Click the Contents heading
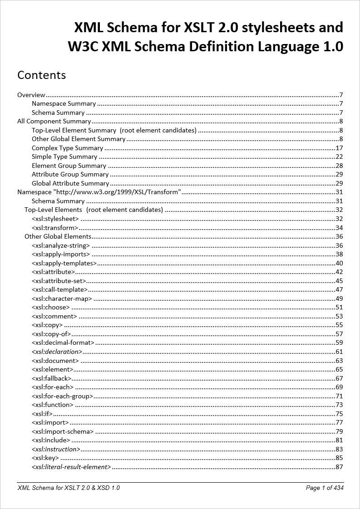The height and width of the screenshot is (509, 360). point(41,75)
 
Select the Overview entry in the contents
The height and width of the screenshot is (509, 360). point(31,95)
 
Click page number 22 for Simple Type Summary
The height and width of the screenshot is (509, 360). point(339,157)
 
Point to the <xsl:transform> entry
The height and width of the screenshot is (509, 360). point(55,228)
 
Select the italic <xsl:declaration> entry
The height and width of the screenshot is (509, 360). point(57,352)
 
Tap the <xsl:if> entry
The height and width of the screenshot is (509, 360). point(42,414)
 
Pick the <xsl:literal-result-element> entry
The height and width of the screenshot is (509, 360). point(71,467)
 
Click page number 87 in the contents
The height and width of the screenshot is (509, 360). point(339,467)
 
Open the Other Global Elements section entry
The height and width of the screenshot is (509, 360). point(58,236)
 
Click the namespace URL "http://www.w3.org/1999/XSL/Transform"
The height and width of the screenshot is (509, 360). point(118,192)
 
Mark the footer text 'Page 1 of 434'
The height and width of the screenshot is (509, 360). point(325,488)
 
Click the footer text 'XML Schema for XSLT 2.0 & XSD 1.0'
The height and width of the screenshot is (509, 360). point(69,488)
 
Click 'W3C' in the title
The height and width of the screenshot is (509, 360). point(84,46)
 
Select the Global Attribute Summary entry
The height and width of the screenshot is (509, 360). point(70,183)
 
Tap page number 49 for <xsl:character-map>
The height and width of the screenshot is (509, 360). point(339,299)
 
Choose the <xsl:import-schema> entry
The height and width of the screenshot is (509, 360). point(63,431)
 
